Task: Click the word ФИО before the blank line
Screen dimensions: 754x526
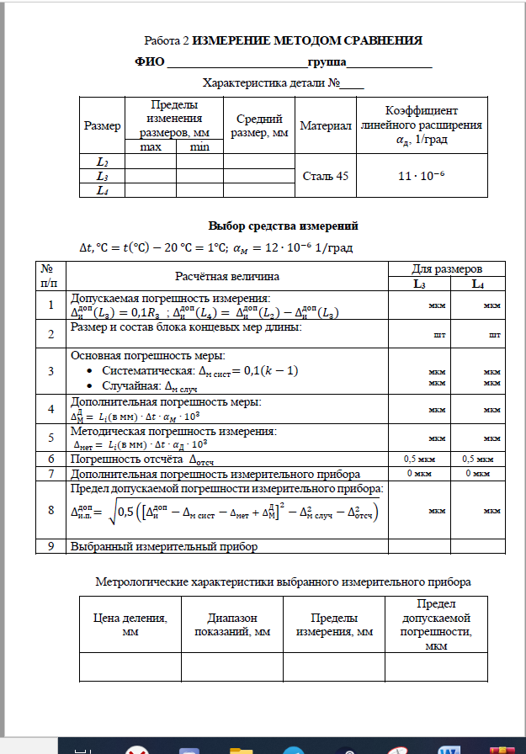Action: click(150, 61)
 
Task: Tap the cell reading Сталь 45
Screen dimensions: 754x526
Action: click(326, 176)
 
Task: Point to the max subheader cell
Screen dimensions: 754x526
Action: click(150, 147)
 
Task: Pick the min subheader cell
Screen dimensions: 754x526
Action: click(199, 147)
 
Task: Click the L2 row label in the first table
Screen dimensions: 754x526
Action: click(102, 161)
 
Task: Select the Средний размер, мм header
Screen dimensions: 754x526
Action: click(259, 125)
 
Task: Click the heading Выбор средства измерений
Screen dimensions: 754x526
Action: click(283, 226)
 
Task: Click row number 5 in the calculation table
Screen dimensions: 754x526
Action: click(52, 438)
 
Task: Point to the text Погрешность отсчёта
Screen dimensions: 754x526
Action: click(137, 459)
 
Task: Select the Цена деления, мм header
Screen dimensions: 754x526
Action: click(130, 624)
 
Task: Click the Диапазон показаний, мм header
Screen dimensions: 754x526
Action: click(231, 624)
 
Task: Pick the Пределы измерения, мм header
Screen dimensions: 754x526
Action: click(333, 624)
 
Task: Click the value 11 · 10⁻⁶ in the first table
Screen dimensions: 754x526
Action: click(421, 176)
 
